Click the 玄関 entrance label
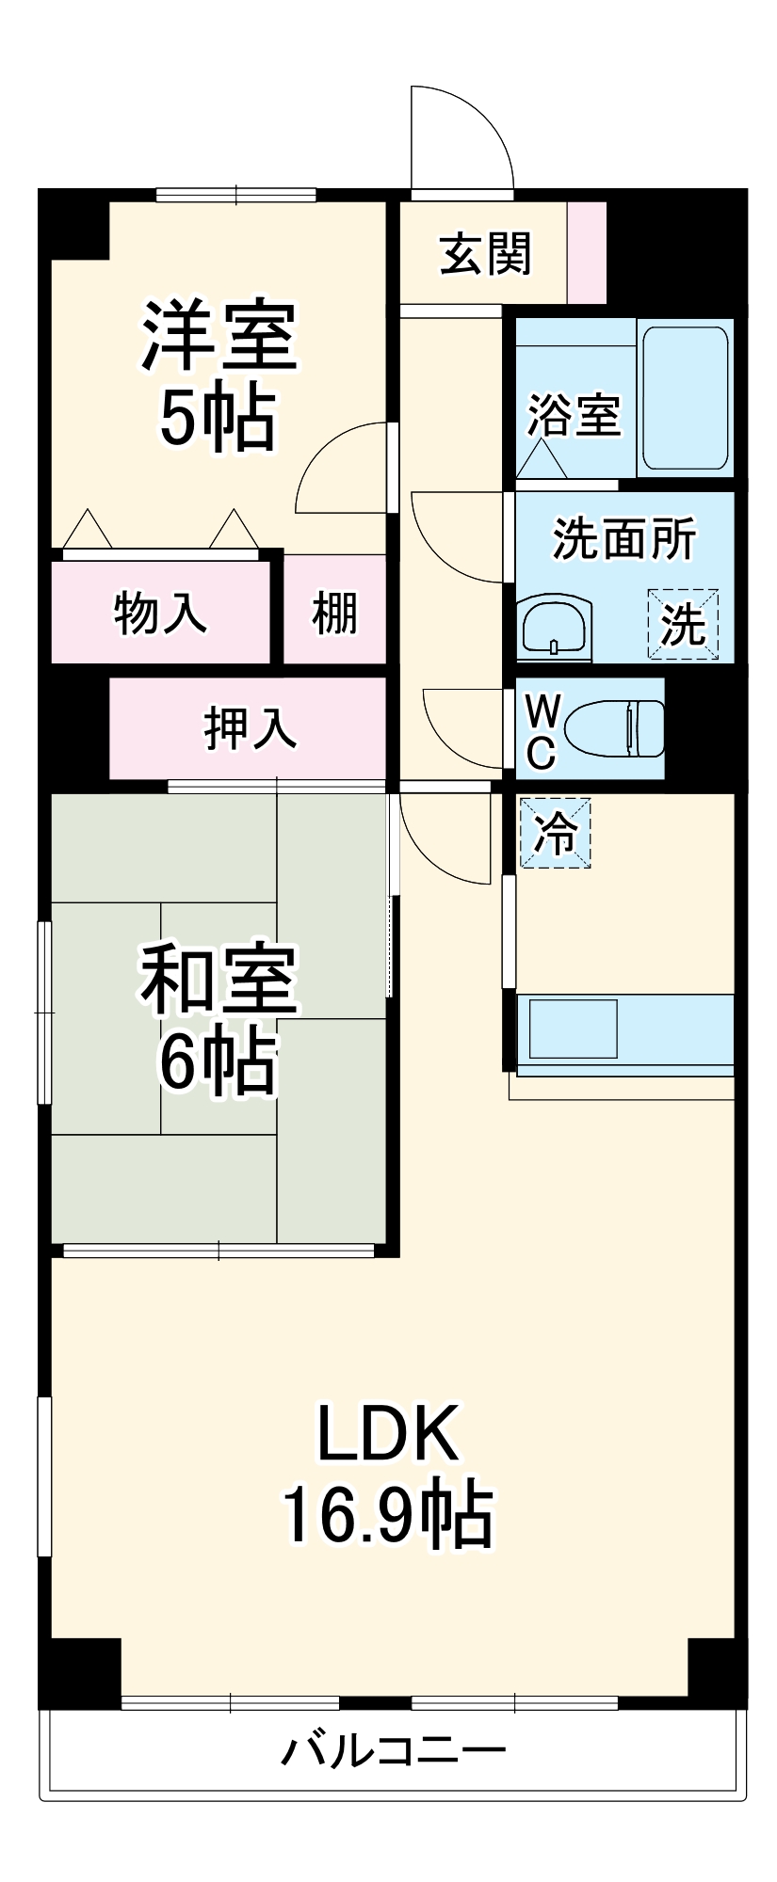pyautogui.click(x=486, y=254)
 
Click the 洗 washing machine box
pyautogui.click(x=683, y=624)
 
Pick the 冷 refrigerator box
pyautogui.click(x=556, y=833)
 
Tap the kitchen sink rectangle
pyautogui.click(x=573, y=1029)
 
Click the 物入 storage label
pyautogui.click(x=160, y=613)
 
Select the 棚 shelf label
pyautogui.click(x=335, y=613)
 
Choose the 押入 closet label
pyautogui.click(x=251, y=727)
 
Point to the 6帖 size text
pyautogui.click(x=218, y=1062)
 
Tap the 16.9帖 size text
pyautogui.click(x=387, y=1515)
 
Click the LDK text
pyautogui.click(x=387, y=1432)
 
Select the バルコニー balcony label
pyautogui.click(x=394, y=1751)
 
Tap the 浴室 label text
pyautogui.click(x=574, y=414)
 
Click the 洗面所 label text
pyautogui.click(x=623, y=539)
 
